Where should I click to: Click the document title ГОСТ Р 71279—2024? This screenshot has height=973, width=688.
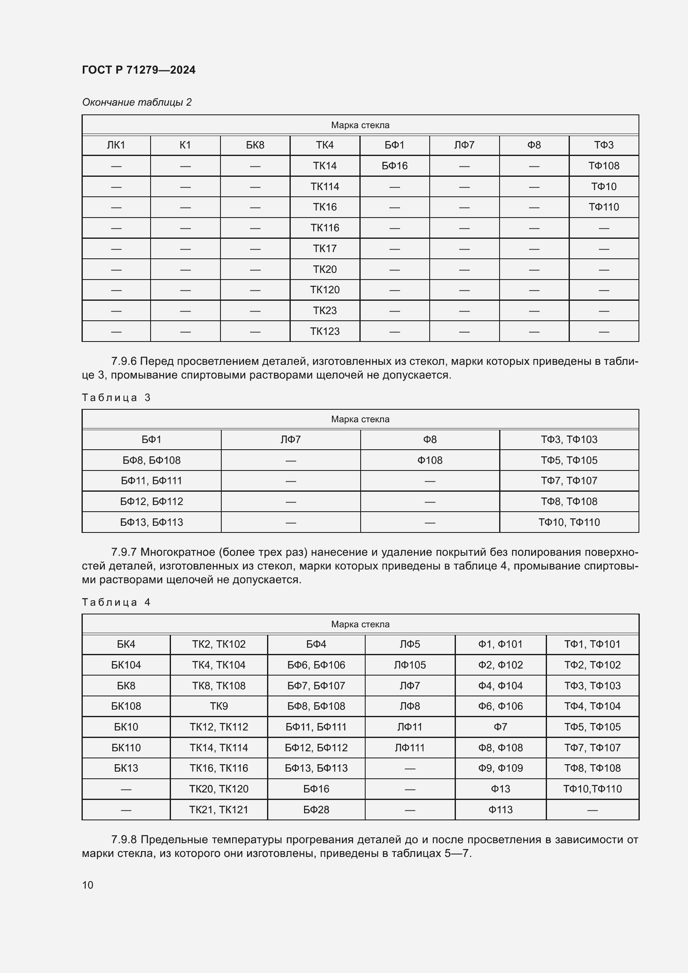pyautogui.click(x=139, y=70)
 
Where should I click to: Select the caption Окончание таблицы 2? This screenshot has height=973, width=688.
pyautogui.click(x=136, y=102)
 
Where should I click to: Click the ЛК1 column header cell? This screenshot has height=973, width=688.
pyautogui.click(x=116, y=145)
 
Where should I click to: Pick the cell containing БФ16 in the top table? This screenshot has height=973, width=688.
pyautogui.click(x=394, y=166)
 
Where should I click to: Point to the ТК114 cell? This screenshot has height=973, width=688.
pyautogui.click(x=324, y=186)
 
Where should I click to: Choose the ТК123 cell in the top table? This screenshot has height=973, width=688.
pyautogui.click(x=324, y=331)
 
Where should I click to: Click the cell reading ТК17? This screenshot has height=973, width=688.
pyautogui.click(x=324, y=248)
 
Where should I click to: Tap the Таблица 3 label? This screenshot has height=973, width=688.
pyautogui.click(x=116, y=398)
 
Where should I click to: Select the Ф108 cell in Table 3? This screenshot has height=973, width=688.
pyautogui.click(x=430, y=460)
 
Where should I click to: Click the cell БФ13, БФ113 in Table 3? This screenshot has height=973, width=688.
pyautogui.click(x=151, y=522)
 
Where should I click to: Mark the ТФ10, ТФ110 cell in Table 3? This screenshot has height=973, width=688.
pyautogui.click(x=569, y=522)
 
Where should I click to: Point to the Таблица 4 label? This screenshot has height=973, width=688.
pyautogui.click(x=116, y=602)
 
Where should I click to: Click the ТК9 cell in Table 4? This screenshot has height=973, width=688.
pyautogui.click(x=219, y=706)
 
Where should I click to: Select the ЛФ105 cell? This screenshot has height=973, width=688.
pyautogui.click(x=410, y=665)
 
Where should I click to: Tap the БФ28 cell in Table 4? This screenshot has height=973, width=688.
pyautogui.click(x=316, y=810)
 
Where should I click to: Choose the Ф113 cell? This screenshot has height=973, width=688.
pyautogui.click(x=500, y=810)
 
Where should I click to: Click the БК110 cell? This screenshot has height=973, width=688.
pyautogui.click(x=126, y=748)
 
